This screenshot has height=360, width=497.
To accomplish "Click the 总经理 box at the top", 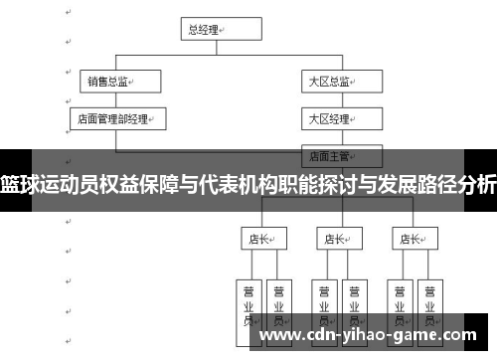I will [209, 30].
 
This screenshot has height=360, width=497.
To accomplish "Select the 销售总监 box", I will [114, 82].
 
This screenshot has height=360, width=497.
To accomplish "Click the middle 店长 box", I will [334, 239].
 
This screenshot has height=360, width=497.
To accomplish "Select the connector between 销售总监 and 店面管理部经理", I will [114, 100].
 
